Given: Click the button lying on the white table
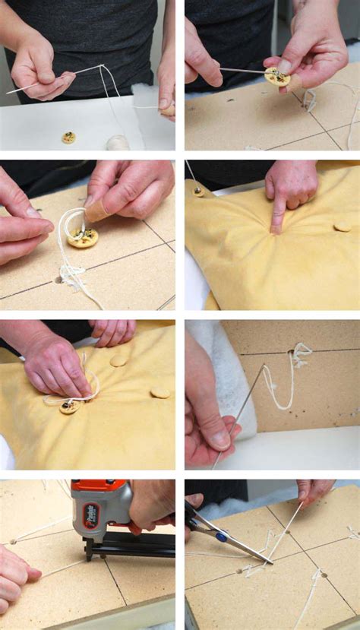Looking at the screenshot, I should [68, 138].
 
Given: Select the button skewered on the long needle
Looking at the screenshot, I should [276, 76].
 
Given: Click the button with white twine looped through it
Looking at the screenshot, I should [82, 238].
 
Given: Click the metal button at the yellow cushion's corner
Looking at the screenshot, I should [199, 192].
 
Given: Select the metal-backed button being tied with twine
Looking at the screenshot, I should [69, 407].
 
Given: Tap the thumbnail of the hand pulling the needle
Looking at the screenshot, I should [221, 439].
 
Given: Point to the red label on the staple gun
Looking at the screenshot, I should [90, 516].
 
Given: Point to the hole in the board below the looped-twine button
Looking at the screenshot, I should [58, 279].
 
